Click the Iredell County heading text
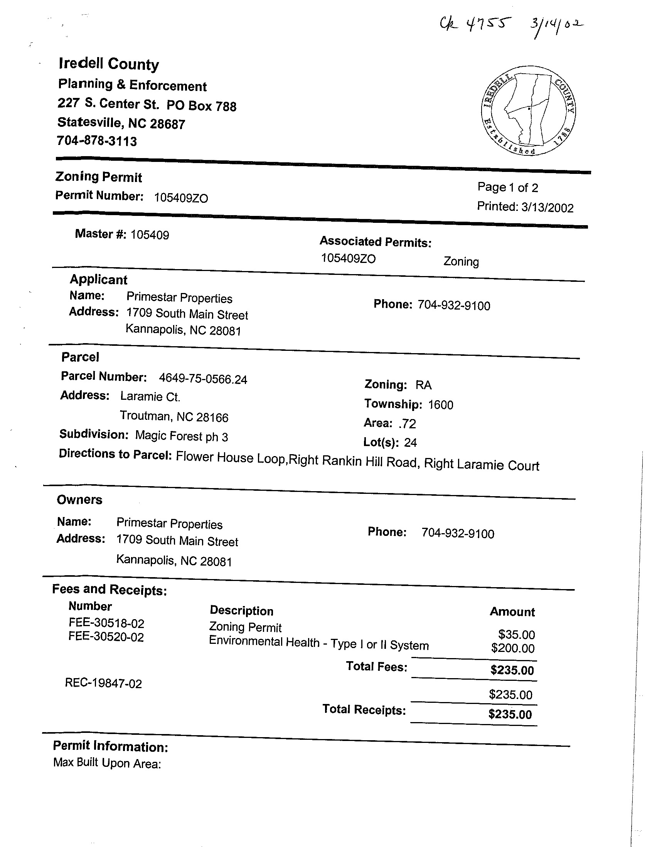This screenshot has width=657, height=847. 109,64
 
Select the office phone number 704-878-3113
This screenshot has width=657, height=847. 96,140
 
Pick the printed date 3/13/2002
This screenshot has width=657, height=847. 547,208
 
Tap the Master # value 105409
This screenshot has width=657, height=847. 150,235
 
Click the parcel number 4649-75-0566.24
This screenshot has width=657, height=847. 203,379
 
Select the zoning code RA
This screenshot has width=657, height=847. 423,385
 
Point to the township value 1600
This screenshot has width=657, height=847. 441,405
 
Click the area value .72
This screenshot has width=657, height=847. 407,423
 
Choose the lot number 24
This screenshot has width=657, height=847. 410,443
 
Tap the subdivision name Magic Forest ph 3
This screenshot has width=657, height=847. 182,436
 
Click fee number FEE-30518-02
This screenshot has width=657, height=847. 106,624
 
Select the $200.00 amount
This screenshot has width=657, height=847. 513,648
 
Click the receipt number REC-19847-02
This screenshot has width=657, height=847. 104,683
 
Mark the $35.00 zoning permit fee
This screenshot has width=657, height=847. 517,635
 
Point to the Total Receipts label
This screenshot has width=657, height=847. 364,709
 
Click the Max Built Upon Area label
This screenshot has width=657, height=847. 107,763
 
